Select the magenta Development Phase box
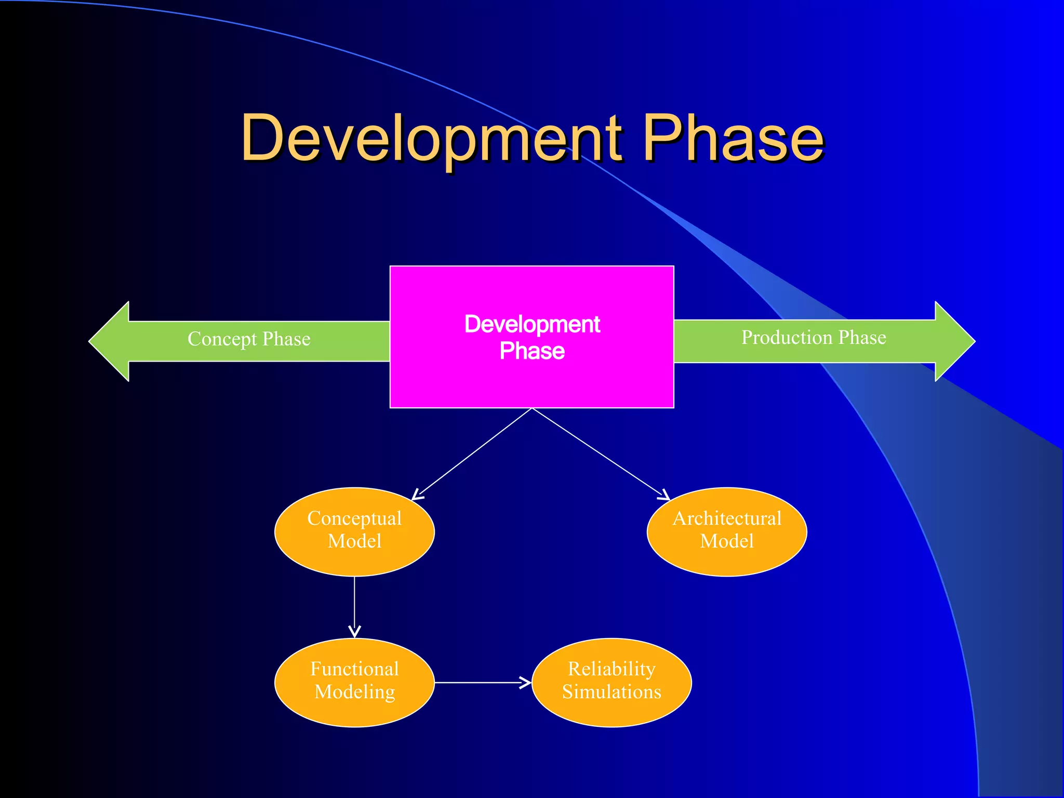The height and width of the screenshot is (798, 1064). point(531,384)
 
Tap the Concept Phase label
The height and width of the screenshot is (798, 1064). point(249,339)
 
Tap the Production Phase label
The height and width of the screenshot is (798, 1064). point(814,338)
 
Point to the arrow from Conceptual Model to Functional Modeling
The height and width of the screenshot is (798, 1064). point(354,605)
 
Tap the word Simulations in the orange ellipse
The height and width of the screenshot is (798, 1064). point(611,692)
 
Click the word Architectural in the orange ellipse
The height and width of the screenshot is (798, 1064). point(727,518)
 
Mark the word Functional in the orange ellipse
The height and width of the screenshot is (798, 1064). point(354,669)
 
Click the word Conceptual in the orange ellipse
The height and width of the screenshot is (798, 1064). point(354,518)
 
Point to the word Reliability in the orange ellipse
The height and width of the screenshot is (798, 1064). point(611,669)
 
